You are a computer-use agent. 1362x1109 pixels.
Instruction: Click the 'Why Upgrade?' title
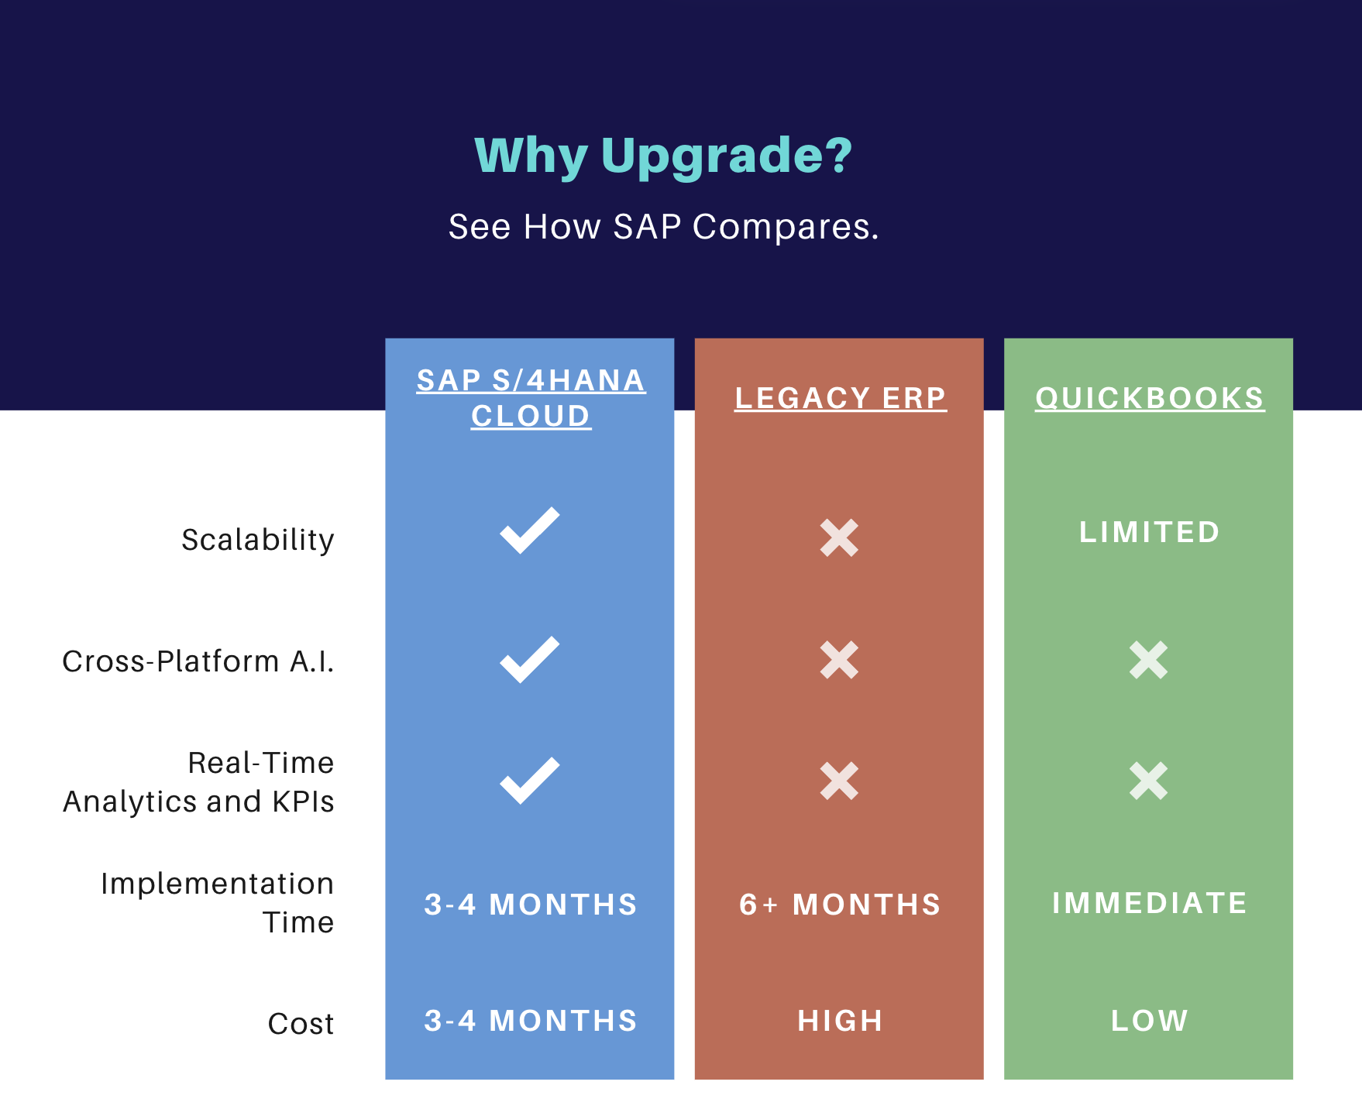pyautogui.click(x=663, y=156)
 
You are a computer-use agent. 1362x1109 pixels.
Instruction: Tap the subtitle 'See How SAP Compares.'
pyautogui.click(x=664, y=227)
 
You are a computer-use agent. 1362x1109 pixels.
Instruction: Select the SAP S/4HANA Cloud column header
pyautogui.click(x=531, y=398)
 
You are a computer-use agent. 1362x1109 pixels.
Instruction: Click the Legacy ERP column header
pyautogui.click(x=841, y=398)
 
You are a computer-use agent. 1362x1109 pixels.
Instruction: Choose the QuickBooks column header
pyautogui.click(x=1150, y=398)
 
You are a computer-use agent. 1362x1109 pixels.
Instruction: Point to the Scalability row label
pyautogui.click(x=258, y=540)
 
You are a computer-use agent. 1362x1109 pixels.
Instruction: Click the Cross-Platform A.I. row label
pyautogui.click(x=198, y=661)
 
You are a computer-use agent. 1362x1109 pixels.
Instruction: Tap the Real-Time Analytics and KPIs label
pyautogui.click(x=198, y=782)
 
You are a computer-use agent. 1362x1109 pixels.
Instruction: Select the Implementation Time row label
pyautogui.click(x=217, y=903)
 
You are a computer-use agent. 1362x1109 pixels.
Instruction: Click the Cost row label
pyautogui.click(x=301, y=1024)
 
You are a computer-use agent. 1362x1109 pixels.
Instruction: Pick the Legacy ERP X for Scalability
pyautogui.click(x=839, y=537)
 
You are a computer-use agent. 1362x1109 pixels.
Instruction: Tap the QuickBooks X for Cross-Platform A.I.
pyautogui.click(x=1148, y=660)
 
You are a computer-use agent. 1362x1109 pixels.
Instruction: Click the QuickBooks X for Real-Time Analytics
pyautogui.click(x=1148, y=781)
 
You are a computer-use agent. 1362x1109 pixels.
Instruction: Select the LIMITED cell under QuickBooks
pyautogui.click(x=1150, y=532)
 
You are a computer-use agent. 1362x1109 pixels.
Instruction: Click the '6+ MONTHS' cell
pyautogui.click(x=841, y=905)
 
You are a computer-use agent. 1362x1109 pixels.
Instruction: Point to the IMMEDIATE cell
pyautogui.click(x=1150, y=903)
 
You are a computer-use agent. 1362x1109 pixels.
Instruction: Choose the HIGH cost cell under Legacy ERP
pyautogui.click(x=841, y=1021)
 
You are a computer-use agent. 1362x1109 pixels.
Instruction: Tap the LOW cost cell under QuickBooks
pyautogui.click(x=1150, y=1021)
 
